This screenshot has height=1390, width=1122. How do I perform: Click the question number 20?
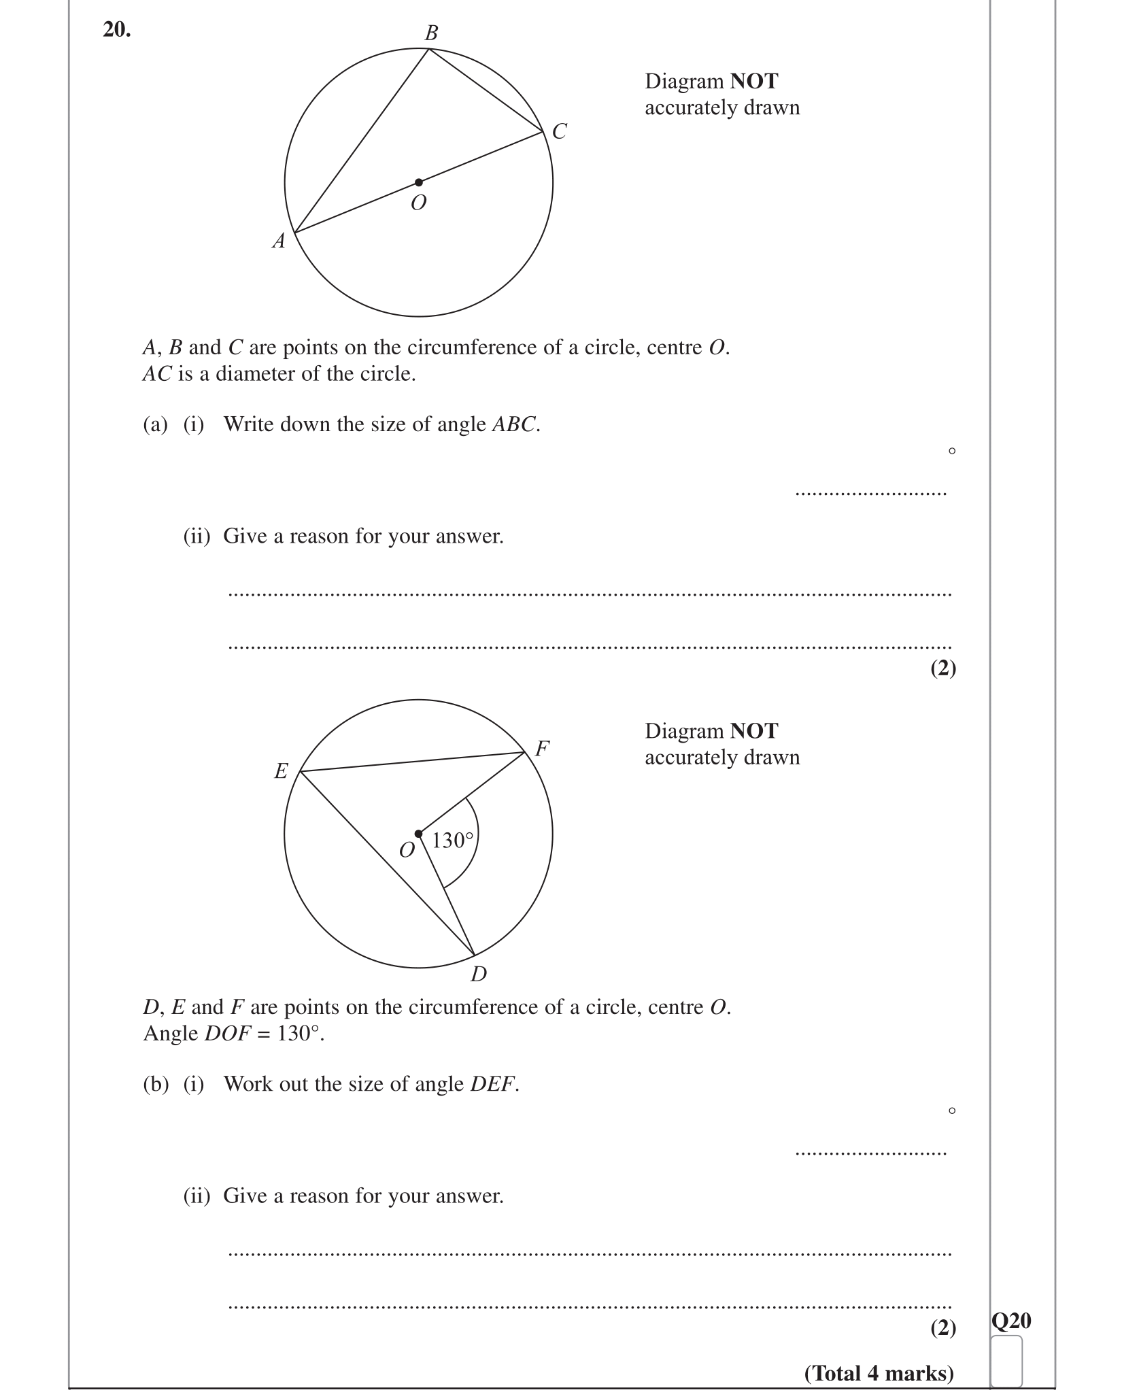(x=116, y=30)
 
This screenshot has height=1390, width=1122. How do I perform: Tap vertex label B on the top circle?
(x=431, y=33)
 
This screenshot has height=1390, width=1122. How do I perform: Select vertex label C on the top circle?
(x=560, y=131)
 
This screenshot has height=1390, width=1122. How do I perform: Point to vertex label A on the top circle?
(x=279, y=241)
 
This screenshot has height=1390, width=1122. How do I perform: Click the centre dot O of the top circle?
(x=419, y=182)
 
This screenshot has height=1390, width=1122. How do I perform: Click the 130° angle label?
(x=452, y=841)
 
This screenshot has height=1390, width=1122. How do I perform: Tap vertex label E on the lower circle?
(x=281, y=771)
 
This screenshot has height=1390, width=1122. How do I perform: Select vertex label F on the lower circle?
(x=542, y=749)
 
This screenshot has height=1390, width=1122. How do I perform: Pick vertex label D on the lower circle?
(x=479, y=974)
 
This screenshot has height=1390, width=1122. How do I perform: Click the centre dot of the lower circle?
(x=419, y=834)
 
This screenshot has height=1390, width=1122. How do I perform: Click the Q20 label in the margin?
(x=1011, y=1321)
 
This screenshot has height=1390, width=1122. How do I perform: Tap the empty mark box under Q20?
(x=1006, y=1361)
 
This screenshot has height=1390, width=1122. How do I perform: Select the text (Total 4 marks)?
(x=879, y=1373)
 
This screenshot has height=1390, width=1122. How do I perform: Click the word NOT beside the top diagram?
(x=753, y=82)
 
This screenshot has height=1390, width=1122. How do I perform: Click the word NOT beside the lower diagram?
(x=753, y=731)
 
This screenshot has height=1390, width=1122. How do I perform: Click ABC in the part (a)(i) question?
(x=514, y=424)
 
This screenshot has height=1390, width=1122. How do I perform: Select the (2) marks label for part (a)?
(x=943, y=668)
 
